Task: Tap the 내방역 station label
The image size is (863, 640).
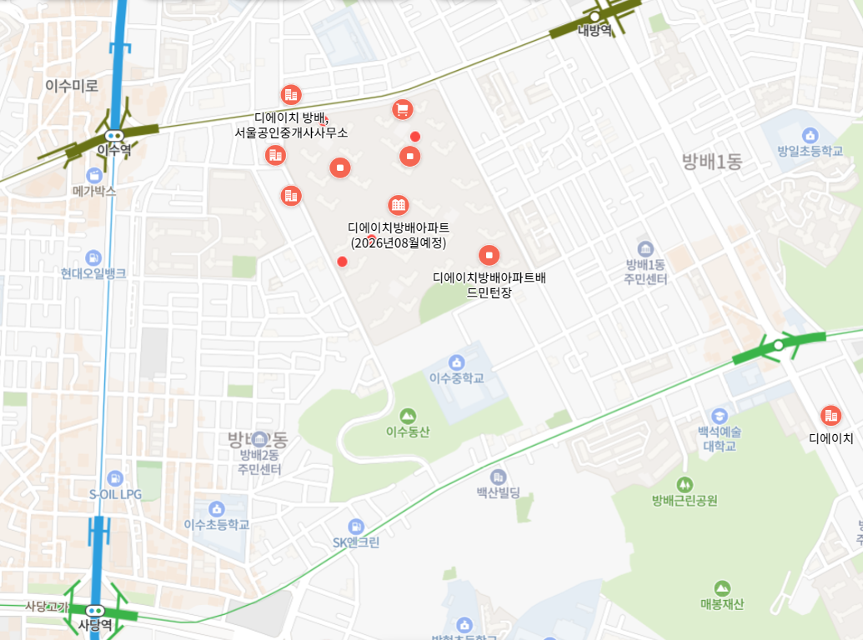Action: pyautogui.click(x=595, y=31)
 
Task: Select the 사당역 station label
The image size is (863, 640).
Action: pyautogui.click(x=94, y=624)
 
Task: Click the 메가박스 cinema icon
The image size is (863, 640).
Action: pyautogui.click(x=93, y=175)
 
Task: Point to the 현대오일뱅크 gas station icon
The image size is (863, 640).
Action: pyautogui.click(x=93, y=257)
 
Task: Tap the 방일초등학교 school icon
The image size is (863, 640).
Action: pyautogui.click(x=809, y=135)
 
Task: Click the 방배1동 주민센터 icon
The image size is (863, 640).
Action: pyautogui.click(x=645, y=248)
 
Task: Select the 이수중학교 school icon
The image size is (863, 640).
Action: pyautogui.click(x=456, y=362)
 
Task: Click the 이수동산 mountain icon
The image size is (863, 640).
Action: pyautogui.click(x=407, y=416)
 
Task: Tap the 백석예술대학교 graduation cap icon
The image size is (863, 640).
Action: pyautogui.click(x=719, y=416)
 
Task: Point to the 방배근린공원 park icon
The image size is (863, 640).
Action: pyautogui.click(x=685, y=484)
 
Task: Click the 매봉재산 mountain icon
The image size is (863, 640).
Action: pyautogui.click(x=722, y=588)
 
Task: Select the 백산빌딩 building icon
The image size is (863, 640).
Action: pyautogui.click(x=498, y=477)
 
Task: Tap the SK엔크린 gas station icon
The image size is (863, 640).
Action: pyautogui.click(x=356, y=527)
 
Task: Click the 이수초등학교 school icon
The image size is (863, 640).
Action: pyautogui.click(x=217, y=508)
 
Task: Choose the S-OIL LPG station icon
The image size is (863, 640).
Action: pyautogui.click(x=115, y=477)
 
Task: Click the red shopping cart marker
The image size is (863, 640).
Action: pyautogui.click(x=403, y=109)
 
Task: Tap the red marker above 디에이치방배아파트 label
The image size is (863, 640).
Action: pyautogui.click(x=399, y=205)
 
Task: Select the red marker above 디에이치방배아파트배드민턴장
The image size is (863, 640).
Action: pyautogui.click(x=489, y=254)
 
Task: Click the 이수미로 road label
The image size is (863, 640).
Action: pyautogui.click(x=72, y=85)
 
